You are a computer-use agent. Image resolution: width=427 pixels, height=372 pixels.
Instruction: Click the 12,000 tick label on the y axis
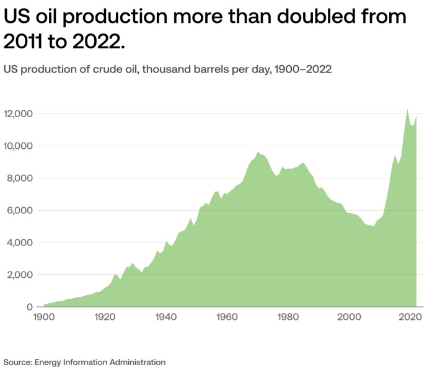(x=17, y=114)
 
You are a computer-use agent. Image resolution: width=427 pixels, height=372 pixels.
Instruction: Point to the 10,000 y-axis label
(x=17, y=146)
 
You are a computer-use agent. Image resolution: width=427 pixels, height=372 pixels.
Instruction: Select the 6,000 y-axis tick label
(x=19, y=211)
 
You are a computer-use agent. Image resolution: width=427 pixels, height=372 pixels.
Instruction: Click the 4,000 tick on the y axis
(x=19, y=242)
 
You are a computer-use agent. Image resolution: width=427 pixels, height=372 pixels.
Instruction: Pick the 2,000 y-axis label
(x=19, y=275)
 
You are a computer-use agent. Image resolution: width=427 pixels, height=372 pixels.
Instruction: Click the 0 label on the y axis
(x=29, y=307)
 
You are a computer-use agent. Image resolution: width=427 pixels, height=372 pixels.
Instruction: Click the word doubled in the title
(x=310, y=17)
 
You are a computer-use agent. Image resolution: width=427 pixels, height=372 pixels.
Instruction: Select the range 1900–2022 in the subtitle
(x=299, y=69)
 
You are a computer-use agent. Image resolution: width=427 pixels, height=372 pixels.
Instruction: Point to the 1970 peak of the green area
(x=258, y=152)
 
